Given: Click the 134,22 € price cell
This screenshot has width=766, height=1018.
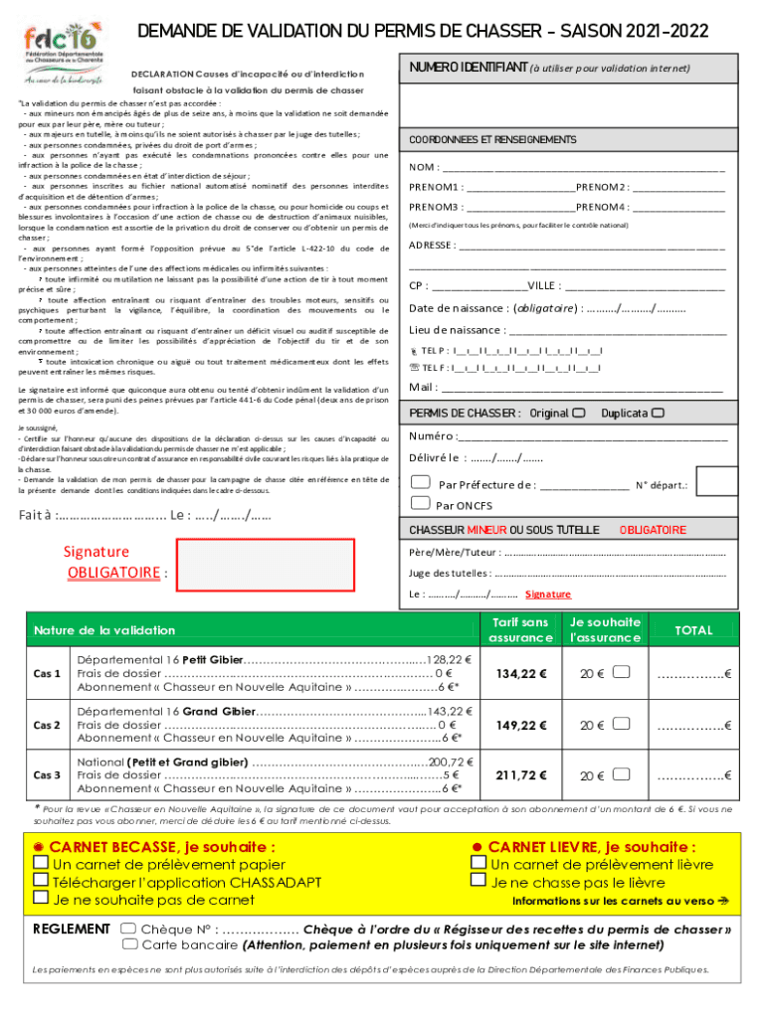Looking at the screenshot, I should [x=521, y=674].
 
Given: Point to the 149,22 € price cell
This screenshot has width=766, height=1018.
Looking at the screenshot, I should [x=521, y=726].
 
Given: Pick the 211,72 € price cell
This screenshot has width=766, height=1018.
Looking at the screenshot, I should [x=521, y=775].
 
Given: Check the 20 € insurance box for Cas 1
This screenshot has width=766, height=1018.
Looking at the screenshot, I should [x=622, y=673].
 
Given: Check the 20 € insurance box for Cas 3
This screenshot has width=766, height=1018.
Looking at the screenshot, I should [x=622, y=775].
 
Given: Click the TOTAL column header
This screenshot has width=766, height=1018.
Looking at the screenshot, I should [x=693, y=630].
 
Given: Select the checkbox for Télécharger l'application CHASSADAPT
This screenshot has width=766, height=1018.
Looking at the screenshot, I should [x=41, y=881].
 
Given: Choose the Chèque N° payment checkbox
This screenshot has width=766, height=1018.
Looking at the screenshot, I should [x=128, y=929].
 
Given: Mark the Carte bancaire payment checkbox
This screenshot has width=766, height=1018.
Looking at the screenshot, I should [x=128, y=945].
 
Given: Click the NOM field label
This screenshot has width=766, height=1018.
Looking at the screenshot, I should [x=424, y=167].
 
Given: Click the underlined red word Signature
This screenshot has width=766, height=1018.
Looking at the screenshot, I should [x=548, y=594].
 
